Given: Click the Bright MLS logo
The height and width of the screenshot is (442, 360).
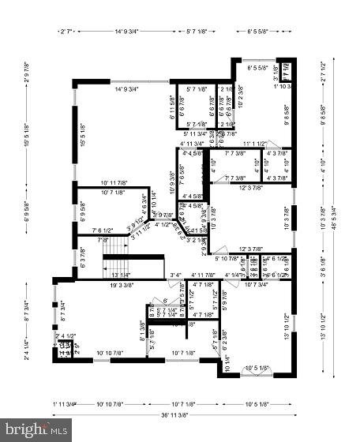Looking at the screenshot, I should coord(37,430).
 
